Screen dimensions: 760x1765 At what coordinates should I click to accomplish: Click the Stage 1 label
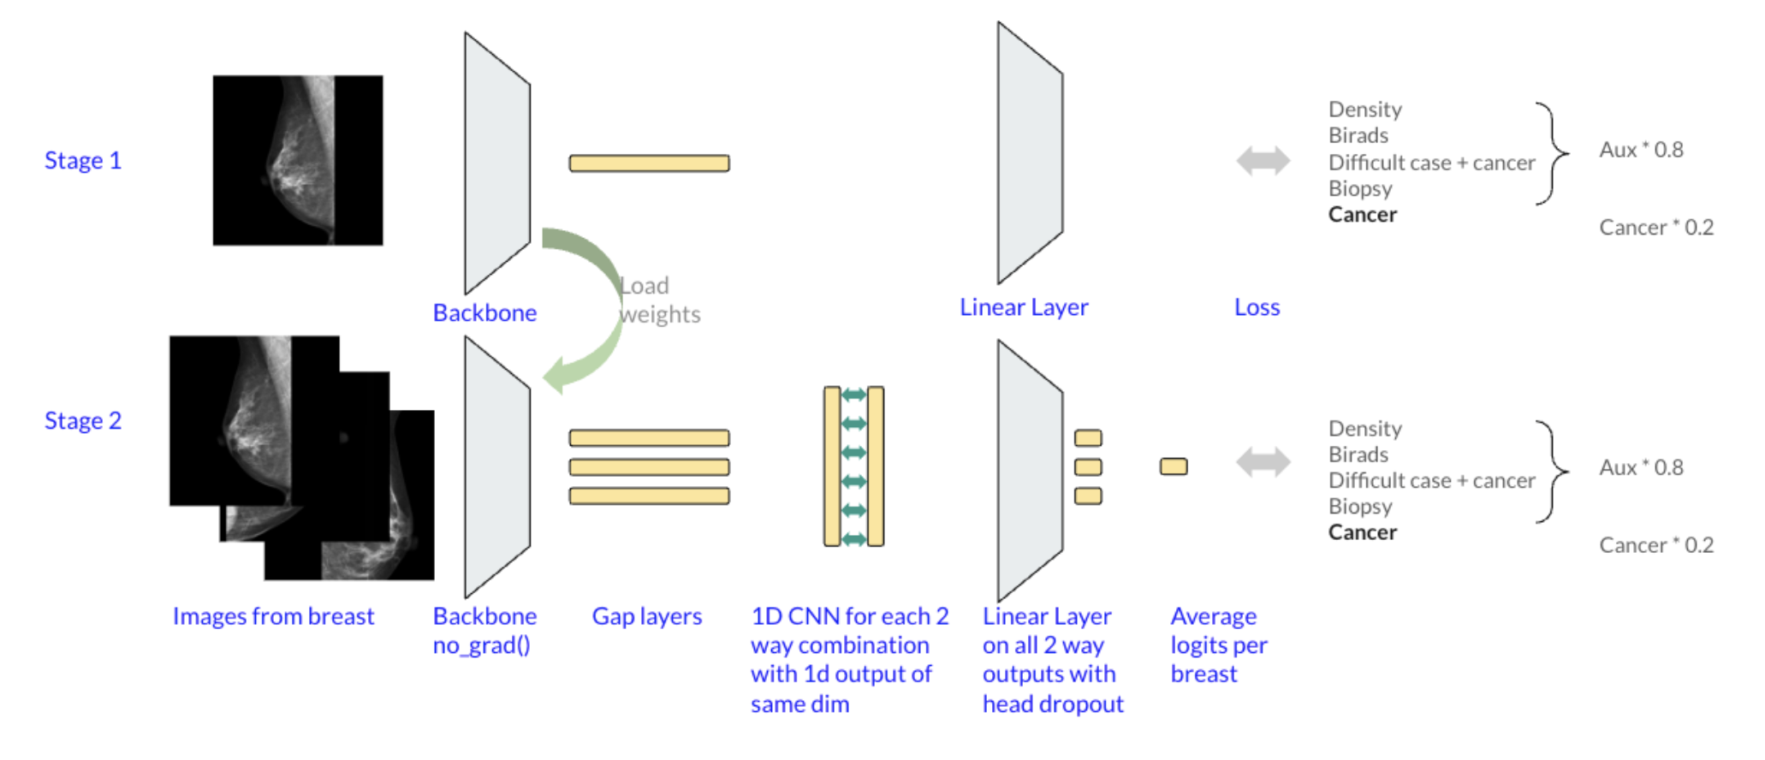coord(83,161)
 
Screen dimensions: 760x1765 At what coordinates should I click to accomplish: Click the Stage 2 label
coord(83,421)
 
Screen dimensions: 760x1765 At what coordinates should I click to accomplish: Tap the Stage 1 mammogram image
coord(298,160)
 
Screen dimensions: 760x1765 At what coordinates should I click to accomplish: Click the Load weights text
coord(659,300)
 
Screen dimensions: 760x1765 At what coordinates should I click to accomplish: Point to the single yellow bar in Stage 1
coord(649,163)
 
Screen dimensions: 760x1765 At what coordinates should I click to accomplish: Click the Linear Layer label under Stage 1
coord(1024,307)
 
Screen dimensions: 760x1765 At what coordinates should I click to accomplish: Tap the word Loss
coord(1257,307)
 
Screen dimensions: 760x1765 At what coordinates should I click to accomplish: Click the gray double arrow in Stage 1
coord(1263,160)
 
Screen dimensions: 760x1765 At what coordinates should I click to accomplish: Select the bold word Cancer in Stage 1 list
coord(1362,215)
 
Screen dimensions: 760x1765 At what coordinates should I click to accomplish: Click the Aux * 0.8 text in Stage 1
coord(1641,150)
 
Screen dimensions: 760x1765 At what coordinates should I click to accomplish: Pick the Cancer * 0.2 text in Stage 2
coord(1656,545)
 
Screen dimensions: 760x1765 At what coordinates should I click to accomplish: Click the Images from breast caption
coord(273,616)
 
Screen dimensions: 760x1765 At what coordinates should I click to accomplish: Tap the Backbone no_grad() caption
coord(484,630)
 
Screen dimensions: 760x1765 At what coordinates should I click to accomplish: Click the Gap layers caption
coord(646,616)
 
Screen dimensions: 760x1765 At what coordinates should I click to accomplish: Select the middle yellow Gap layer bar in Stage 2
coord(649,467)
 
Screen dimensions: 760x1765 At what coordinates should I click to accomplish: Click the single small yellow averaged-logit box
coord(1174,466)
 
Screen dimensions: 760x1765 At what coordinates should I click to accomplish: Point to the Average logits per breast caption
coord(1218,644)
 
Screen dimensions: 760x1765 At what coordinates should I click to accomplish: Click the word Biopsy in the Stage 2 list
coord(1360,507)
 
